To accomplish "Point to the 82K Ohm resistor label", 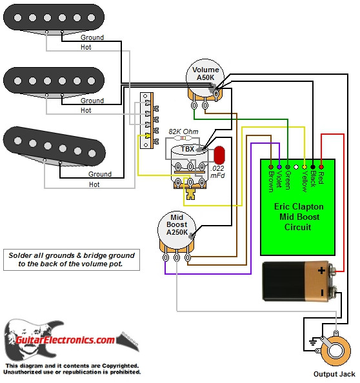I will click(183, 131).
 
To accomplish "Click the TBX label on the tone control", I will click(187, 149).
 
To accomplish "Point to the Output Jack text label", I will click(334, 374).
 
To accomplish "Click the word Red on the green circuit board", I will click(320, 178).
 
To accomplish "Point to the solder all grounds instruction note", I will click(72, 259).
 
